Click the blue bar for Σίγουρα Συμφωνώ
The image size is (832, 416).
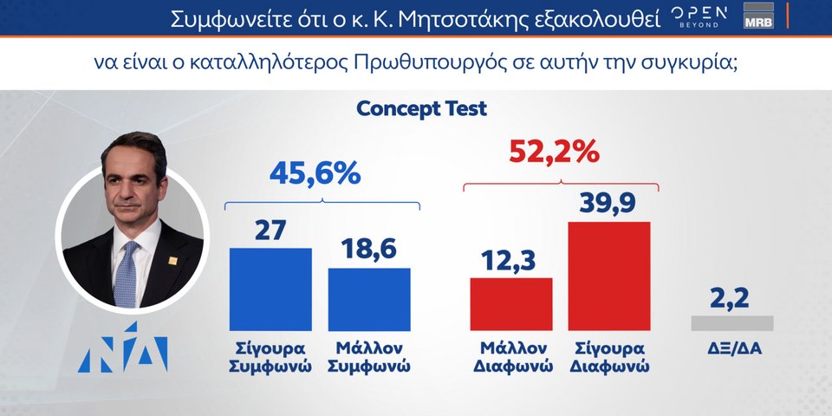tap(270, 289)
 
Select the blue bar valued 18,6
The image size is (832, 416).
tap(369, 300)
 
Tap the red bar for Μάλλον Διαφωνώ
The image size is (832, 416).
tap(511, 304)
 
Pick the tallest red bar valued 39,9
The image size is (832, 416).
tap(609, 276)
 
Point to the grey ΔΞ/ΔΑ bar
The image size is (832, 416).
tap(732, 323)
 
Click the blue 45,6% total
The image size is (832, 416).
tap(315, 173)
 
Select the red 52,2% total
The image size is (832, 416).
tap(554, 153)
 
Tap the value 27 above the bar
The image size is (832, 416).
tap(270, 231)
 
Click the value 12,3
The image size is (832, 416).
tap(509, 260)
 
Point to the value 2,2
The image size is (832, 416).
tap(730, 298)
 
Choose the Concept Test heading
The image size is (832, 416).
tap(422, 109)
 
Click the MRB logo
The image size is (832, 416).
tap(758, 16)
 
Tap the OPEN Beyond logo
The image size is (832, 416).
tap(699, 17)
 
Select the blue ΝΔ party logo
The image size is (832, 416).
tap(122, 347)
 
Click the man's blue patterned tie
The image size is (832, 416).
tap(127, 275)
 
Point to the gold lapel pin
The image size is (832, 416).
tap(173, 260)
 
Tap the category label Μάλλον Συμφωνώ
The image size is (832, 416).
tap(369, 357)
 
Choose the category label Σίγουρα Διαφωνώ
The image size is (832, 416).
tap(609, 357)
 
